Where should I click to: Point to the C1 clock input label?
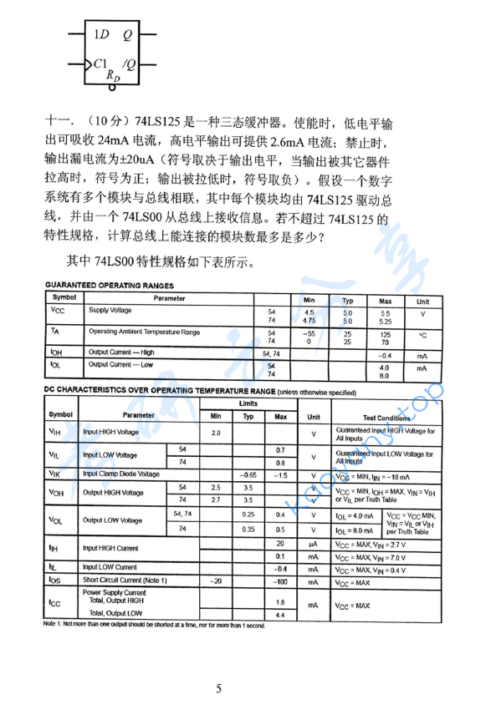(x=100, y=63)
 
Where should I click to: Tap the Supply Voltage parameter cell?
(x=110, y=311)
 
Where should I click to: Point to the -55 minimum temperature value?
(x=308, y=332)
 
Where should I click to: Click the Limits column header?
(x=248, y=403)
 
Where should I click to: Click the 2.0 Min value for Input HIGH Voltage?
(x=216, y=433)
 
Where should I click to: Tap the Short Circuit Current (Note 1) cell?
(x=125, y=581)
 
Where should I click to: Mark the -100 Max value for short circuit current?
(x=280, y=581)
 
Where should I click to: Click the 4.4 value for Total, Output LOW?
(x=280, y=615)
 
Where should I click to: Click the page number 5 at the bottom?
(x=219, y=689)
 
